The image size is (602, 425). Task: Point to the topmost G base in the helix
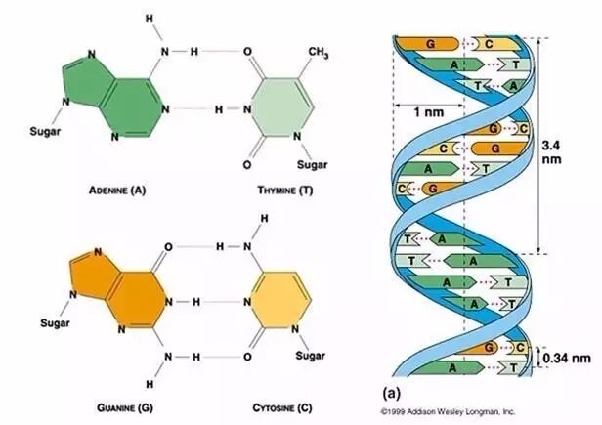[x=430, y=43]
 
